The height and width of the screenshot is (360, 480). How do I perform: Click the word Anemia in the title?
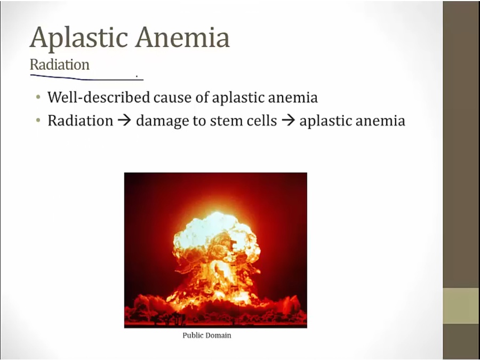click(183, 37)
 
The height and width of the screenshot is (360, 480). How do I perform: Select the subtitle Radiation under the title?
click(60, 65)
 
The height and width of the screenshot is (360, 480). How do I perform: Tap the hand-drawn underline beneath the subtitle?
click(86, 77)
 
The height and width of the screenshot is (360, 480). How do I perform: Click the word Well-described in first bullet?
click(99, 98)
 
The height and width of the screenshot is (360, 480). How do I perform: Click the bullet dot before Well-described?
click(38, 98)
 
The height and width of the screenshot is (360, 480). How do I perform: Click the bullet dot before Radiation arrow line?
click(38, 121)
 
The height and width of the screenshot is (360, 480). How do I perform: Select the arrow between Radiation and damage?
click(124, 121)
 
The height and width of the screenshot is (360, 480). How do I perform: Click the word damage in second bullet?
click(162, 121)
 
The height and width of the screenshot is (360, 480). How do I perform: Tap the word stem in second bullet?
click(225, 121)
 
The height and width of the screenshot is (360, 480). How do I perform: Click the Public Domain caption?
click(206, 335)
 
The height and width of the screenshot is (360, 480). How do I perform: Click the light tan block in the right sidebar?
click(461, 306)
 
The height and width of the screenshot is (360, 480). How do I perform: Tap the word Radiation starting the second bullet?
click(80, 121)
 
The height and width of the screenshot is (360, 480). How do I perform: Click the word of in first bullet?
click(202, 98)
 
